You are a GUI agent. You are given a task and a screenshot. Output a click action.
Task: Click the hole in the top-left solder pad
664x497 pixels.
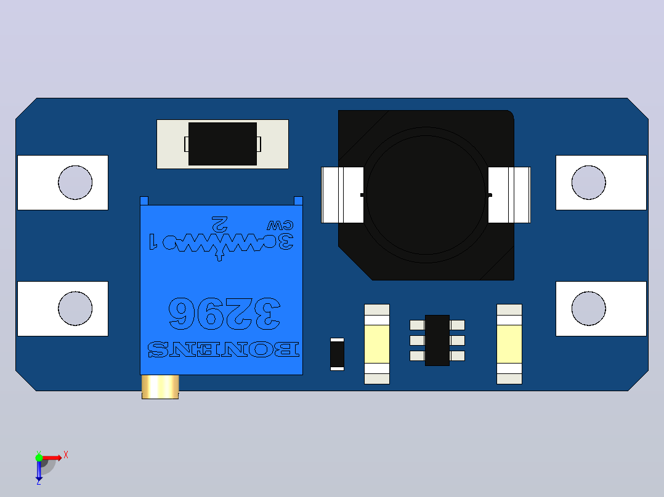click(x=75, y=182)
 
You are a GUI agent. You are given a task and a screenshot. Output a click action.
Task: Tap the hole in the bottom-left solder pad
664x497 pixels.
click(x=75, y=308)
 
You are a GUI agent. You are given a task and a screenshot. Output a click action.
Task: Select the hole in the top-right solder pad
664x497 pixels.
click(x=589, y=182)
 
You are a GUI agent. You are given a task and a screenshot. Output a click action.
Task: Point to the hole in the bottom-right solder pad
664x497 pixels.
click(x=589, y=308)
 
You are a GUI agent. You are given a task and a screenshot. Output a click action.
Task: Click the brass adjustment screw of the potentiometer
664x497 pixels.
click(x=160, y=387)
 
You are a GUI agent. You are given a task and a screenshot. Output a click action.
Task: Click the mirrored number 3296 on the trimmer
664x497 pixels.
click(x=224, y=314)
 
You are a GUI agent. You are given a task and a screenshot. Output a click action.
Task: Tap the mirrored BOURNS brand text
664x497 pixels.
click(x=223, y=349)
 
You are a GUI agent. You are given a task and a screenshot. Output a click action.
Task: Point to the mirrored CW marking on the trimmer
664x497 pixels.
click(x=280, y=225)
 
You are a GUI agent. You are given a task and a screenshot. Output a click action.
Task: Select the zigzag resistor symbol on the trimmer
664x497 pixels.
click(x=221, y=243)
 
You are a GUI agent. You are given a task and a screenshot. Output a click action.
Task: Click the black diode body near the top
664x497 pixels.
click(x=222, y=144)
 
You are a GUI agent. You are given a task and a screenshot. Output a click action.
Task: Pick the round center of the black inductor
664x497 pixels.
click(x=426, y=195)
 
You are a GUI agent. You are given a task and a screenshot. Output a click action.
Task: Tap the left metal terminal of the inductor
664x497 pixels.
click(x=342, y=195)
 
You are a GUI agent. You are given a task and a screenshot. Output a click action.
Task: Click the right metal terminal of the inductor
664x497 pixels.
click(x=509, y=195)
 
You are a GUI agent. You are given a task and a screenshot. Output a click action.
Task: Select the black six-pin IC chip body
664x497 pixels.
click(x=437, y=340)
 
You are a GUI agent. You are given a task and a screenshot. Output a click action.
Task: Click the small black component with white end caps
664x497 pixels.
click(x=337, y=354)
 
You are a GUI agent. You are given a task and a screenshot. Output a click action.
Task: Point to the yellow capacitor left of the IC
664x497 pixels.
click(x=377, y=344)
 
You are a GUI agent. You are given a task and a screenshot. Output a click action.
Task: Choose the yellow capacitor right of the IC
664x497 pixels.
click(x=509, y=344)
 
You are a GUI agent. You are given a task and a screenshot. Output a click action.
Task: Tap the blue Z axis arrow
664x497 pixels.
click(x=39, y=471)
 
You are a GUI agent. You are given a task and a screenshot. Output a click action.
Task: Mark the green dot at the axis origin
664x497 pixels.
click(x=39, y=458)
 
